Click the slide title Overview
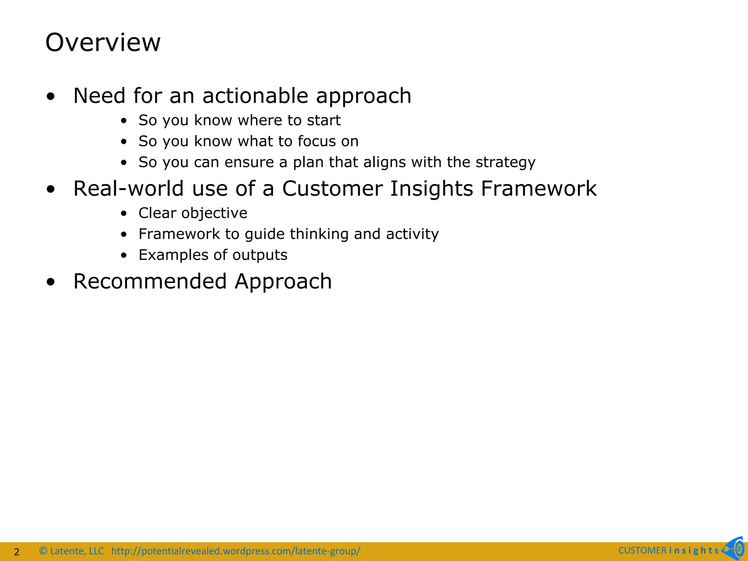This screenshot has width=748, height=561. click(x=103, y=42)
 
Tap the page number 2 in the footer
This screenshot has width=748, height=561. click(x=16, y=552)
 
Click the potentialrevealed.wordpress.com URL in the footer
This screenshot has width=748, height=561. click(x=236, y=551)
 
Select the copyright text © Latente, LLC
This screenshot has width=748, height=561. click(x=72, y=551)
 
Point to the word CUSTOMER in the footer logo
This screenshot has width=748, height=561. click(x=642, y=550)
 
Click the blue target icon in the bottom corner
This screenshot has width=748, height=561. click(x=735, y=549)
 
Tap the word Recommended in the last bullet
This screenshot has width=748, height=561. click(x=150, y=281)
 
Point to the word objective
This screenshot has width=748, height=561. click(x=214, y=213)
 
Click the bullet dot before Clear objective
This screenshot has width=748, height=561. click(x=124, y=214)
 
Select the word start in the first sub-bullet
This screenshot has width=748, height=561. click(x=324, y=121)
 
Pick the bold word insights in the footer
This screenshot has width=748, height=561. click(x=694, y=550)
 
